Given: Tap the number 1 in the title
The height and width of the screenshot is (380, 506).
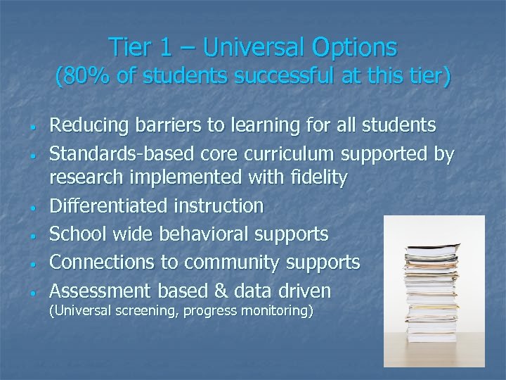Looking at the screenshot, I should (165, 47).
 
